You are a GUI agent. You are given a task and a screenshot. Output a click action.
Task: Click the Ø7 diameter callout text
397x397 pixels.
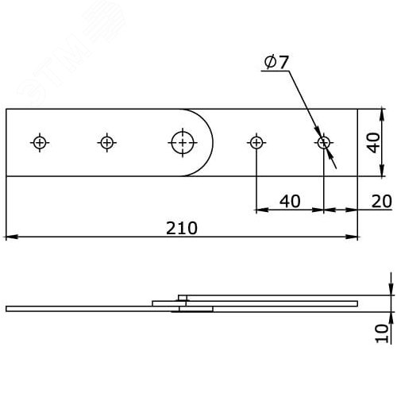coord(276,62)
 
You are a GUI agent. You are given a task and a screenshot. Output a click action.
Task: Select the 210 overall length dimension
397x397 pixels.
coord(182,228)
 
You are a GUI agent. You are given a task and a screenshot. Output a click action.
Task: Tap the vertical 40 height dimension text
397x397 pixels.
coord(374,143)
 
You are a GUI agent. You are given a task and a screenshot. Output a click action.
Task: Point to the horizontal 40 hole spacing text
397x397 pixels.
coord(290,202)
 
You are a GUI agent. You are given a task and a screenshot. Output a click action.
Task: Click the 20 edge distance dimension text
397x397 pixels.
coord(381,202)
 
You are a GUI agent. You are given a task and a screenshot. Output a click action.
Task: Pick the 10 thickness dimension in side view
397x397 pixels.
coord(382,333)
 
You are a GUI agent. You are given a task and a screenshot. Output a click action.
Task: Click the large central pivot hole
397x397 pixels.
coord(183,143)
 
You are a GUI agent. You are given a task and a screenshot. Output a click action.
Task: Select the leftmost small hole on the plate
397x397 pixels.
coord(40,143)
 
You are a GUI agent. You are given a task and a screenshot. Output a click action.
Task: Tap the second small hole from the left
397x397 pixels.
coord(107,143)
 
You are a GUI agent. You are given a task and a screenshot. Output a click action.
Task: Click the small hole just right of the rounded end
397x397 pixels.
coord(256,143)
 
